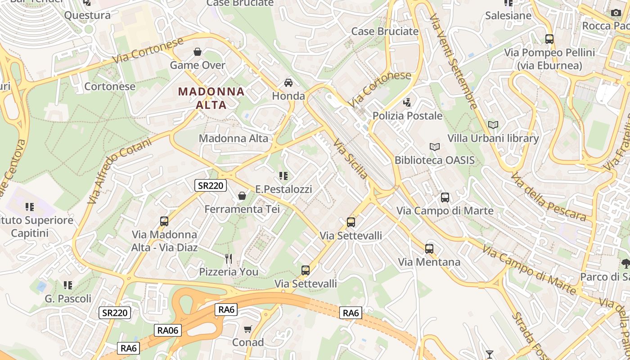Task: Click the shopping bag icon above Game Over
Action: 197,52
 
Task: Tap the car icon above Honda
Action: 288,83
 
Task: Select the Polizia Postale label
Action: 407,116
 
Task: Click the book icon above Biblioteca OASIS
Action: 434,147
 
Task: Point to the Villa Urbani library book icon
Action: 493,125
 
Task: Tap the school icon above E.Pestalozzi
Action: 283,176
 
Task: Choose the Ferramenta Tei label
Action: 242,209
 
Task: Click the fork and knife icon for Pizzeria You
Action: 229,258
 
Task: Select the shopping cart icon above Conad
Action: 247,329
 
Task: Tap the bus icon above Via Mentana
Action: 429,248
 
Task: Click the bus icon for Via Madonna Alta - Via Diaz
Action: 164,221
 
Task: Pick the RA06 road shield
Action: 168,330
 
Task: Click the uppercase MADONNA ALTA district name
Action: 211,98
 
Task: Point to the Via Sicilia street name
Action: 351,158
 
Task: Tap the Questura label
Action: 87,15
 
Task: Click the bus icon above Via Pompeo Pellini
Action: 549,39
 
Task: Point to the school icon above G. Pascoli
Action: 68,285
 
